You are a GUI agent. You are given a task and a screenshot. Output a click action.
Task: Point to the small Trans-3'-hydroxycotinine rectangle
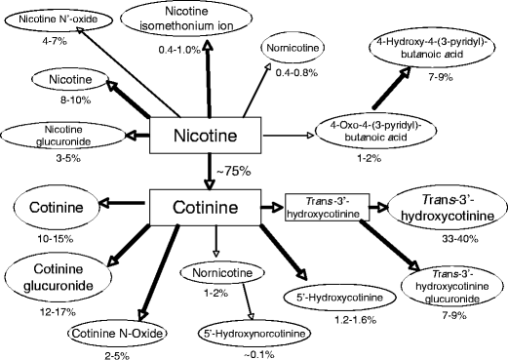(321, 208)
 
